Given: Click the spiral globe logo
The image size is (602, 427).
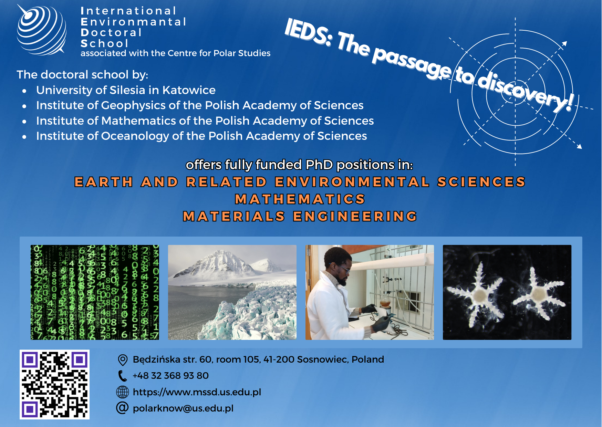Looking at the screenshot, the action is [42, 30].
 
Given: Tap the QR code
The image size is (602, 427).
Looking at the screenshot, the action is [54, 384].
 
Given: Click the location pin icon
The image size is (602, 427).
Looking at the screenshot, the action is [123, 360].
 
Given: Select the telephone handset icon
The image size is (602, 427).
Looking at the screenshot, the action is [122, 376].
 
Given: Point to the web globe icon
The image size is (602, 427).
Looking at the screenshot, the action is [123, 392].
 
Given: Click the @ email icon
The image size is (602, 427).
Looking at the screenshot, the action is [122, 408].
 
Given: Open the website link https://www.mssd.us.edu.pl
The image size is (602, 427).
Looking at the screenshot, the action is [197, 392].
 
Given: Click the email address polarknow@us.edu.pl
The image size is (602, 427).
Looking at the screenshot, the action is [183, 408].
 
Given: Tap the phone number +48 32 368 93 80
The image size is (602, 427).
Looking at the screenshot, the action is [171, 376].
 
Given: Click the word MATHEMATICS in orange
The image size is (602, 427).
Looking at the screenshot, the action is [300, 199].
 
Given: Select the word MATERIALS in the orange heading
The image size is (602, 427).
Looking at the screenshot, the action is [234, 216].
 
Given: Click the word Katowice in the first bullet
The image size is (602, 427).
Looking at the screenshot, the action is [189, 90].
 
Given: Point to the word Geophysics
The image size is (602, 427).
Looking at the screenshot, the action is [134, 106].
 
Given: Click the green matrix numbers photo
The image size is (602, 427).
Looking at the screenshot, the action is [95, 292].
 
